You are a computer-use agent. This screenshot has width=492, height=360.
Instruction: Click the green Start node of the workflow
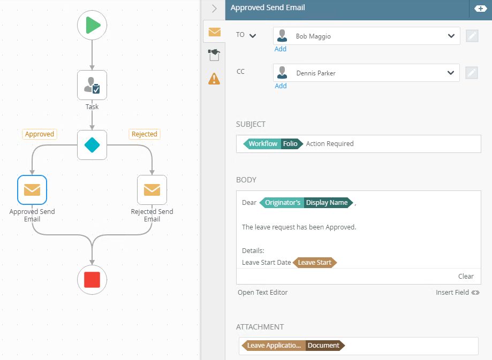[92, 25]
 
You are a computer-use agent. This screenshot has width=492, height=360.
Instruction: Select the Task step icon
[92, 85]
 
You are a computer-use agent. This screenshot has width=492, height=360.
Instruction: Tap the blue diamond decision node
[92, 145]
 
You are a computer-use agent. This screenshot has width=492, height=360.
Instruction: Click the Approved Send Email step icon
[32, 190]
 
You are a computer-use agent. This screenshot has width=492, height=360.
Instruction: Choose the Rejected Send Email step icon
[152, 190]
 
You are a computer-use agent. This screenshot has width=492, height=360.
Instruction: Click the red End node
[92, 279]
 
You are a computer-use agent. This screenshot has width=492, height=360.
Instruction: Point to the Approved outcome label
[40, 134]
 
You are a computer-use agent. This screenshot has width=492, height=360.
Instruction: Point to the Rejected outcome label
[145, 134]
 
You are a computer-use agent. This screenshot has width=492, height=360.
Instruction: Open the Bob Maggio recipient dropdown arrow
[451, 36]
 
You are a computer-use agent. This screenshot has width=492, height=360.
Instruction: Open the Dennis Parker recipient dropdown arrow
[451, 73]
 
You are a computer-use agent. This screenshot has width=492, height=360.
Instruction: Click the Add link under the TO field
[281, 49]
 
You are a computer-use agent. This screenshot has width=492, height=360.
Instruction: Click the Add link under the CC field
[281, 86]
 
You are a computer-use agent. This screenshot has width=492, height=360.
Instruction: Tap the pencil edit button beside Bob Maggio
[472, 36]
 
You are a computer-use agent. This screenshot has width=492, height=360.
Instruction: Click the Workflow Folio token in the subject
[273, 144]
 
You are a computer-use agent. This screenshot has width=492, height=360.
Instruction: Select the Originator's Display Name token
[306, 203]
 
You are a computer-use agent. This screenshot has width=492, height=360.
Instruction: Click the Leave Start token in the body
[314, 263]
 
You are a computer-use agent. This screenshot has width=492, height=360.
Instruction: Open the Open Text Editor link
[263, 293]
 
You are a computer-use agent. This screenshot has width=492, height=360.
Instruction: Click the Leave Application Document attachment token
[293, 346]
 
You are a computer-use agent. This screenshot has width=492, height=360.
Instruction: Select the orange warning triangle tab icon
[214, 79]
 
